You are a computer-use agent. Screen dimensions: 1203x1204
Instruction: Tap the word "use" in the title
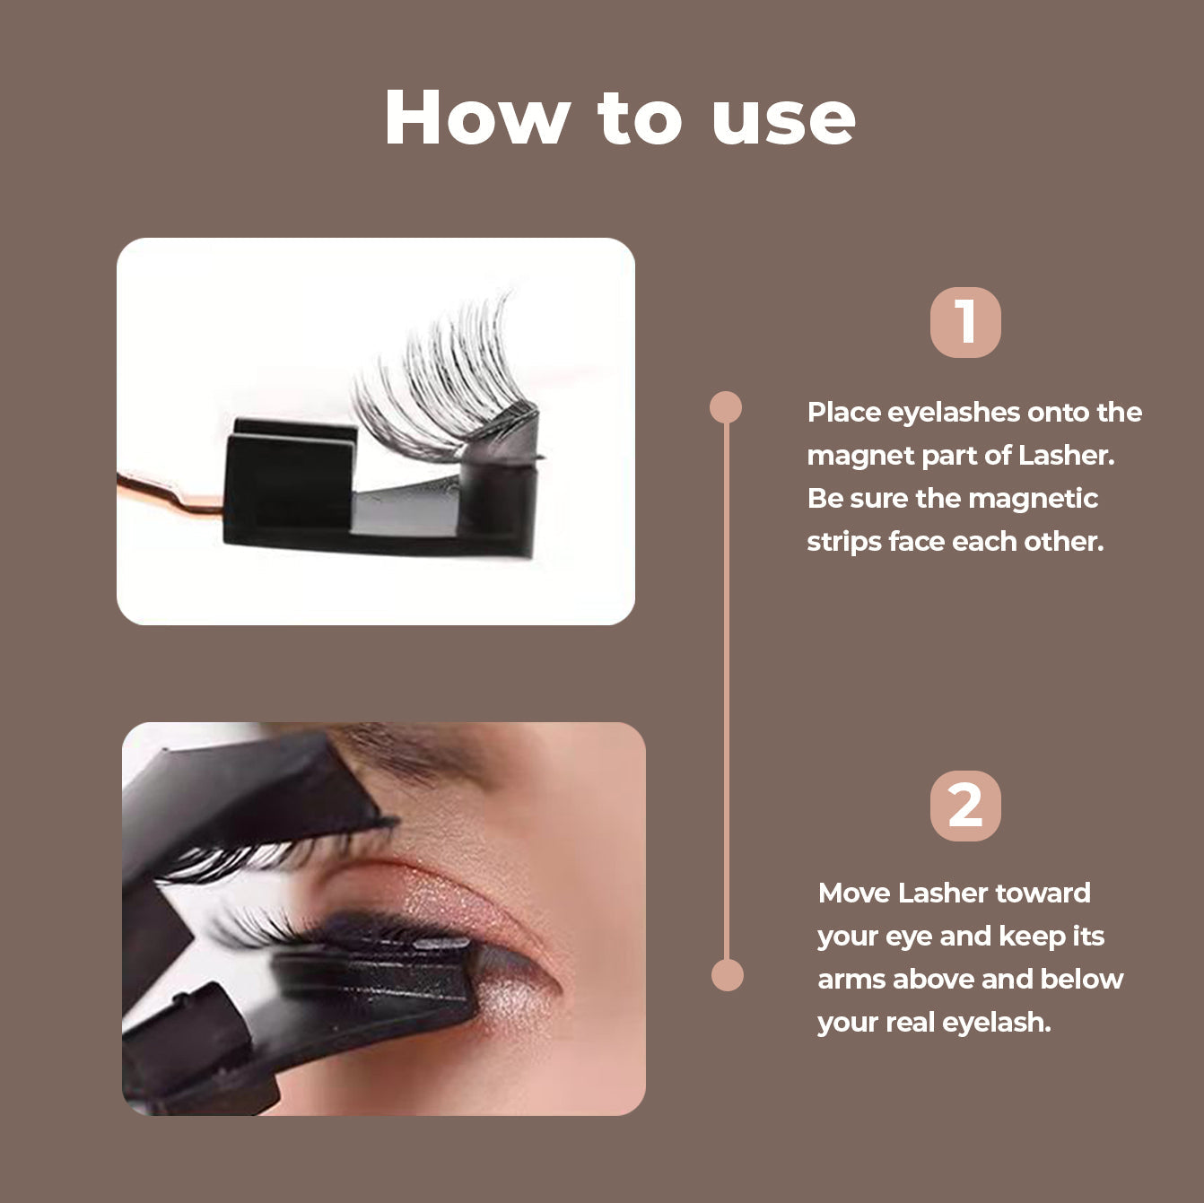783,119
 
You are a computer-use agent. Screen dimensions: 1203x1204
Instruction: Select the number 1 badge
965,322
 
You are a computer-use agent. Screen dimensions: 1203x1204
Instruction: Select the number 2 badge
965,806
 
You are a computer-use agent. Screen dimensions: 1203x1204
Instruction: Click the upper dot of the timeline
726,407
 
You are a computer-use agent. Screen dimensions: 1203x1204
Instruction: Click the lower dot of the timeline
727,975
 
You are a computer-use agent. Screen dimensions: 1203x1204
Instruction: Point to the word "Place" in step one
843,413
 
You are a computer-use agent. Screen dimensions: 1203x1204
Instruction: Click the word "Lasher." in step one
1066,456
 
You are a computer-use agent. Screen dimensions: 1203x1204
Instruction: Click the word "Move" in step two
853,894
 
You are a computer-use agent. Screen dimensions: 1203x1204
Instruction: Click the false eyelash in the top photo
440,381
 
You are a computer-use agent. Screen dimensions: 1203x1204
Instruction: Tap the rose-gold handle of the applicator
170,496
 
